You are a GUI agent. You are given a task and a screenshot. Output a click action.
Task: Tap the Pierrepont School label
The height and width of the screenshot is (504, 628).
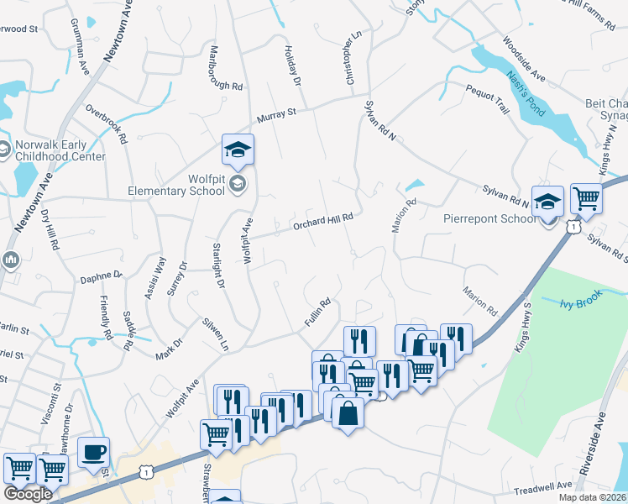point(489,218)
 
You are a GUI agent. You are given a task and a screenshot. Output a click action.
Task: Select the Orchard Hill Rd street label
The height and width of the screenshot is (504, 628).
point(322,221)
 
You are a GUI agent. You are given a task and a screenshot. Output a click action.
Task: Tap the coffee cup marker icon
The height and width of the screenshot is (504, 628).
point(93,452)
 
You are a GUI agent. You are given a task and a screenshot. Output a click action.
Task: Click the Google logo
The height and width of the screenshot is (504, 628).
point(28,494)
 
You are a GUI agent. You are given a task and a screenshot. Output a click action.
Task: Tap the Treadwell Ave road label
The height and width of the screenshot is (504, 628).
point(542,486)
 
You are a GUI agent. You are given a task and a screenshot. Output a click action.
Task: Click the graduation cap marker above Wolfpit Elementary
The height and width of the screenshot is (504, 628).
point(238,150)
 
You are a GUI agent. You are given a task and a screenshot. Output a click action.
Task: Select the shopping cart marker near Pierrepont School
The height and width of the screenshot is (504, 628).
point(586,199)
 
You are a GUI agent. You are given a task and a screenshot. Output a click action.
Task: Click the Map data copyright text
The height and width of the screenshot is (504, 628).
point(593,497)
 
